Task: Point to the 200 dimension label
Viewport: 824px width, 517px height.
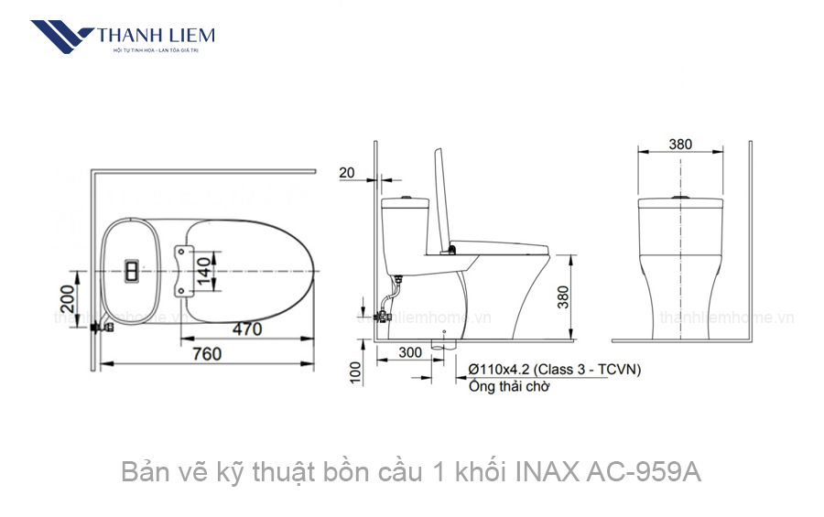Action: pyautogui.click(x=66, y=298)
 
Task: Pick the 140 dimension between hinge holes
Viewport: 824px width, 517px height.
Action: pyautogui.click(x=205, y=271)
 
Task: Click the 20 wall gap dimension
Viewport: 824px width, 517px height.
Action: pyautogui.click(x=347, y=172)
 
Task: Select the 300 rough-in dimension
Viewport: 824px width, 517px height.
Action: pyautogui.click(x=410, y=352)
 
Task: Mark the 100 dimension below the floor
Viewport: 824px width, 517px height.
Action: pyautogui.click(x=355, y=371)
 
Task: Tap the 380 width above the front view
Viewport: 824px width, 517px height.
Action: pyautogui.click(x=680, y=144)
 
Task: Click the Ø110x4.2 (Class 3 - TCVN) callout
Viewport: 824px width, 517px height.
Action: pyautogui.click(x=554, y=370)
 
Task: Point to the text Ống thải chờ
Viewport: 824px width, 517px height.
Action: pyautogui.click(x=508, y=386)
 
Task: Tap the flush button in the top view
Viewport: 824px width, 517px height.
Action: pyautogui.click(x=132, y=271)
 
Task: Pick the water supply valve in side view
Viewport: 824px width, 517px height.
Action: pyautogui.click(x=385, y=317)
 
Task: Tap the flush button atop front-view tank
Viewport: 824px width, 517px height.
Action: pyautogui.click(x=679, y=197)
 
